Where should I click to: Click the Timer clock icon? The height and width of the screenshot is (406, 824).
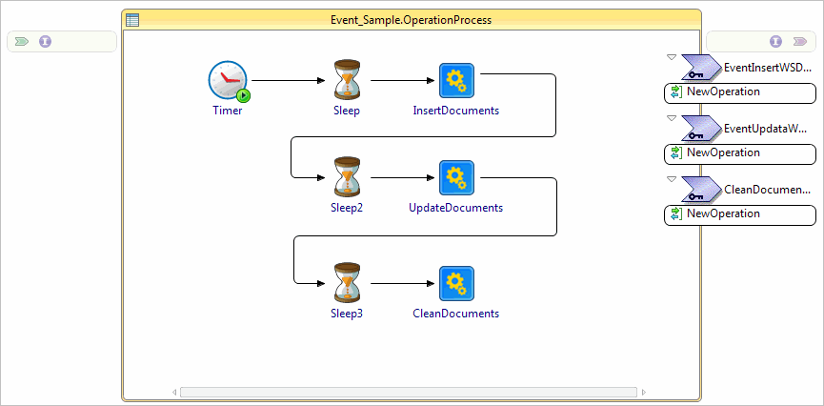pos(228,80)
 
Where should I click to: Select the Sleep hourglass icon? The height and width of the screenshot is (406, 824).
pos(347,80)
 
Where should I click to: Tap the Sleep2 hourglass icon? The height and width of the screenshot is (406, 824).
pos(347,177)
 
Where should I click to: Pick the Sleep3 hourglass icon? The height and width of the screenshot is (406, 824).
pos(347,283)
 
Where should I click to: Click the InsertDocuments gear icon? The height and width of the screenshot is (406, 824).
pos(456,80)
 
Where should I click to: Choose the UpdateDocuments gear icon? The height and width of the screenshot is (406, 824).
pos(456,177)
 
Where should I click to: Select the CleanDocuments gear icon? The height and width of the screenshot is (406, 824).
pos(456,283)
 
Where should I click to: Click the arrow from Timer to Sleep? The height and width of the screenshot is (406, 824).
pos(286,81)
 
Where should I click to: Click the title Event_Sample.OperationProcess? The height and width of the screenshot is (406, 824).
pos(411,19)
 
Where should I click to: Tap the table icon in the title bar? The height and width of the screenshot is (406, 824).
pos(132,19)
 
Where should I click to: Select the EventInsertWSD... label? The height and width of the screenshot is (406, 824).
pos(768,68)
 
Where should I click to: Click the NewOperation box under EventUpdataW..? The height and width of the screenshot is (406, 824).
pos(740,153)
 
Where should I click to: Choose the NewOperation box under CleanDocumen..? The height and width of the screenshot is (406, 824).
pos(740,214)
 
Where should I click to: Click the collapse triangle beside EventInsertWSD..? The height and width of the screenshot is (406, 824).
pos(672,57)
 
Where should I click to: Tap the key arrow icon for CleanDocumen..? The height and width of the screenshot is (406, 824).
pos(700,189)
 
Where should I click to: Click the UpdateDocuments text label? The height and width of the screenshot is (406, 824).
pos(455,208)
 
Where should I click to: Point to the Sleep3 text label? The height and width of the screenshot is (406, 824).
pos(347,314)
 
